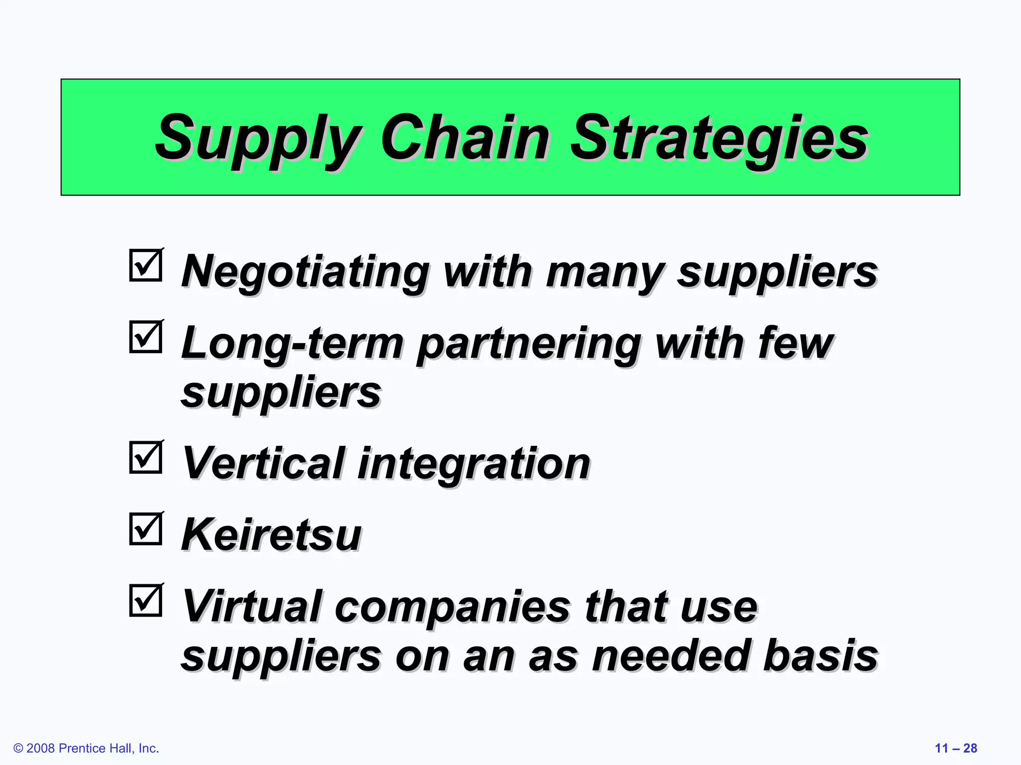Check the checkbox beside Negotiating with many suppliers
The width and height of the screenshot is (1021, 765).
(146, 265)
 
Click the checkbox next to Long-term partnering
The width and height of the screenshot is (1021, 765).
(146, 336)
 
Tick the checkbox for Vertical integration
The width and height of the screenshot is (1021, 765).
(146, 457)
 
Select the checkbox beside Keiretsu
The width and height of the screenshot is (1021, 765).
(146, 528)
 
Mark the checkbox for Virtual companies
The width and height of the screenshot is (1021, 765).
(146, 600)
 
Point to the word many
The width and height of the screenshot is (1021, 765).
(605, 272)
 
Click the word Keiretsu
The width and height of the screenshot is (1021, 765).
(272, 535)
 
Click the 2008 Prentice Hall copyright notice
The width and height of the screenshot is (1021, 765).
(86, 748)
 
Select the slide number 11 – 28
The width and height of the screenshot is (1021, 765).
(956, 748)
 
